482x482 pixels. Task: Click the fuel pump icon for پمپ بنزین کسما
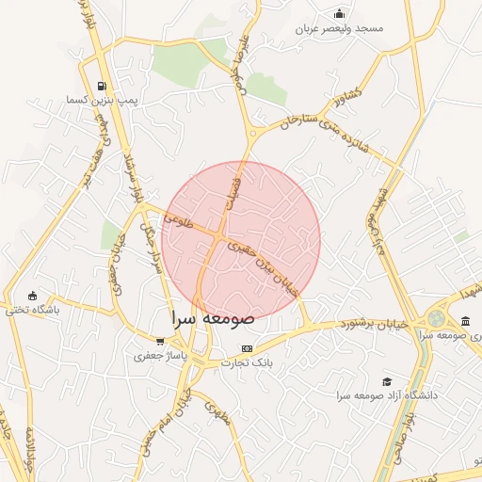pyautogui.click(x=102, y=85)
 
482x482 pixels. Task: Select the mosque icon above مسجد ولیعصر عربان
pyautogui.click(x=340, y=13)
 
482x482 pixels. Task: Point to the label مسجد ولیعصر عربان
pyautogui.click(x=341, y=28)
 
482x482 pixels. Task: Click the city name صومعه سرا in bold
pyautogui.click(x=213, y=318)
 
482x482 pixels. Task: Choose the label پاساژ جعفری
pyautogui.click(x=163, y=357)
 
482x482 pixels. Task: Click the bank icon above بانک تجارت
pyautogui.click(x=247, y=348)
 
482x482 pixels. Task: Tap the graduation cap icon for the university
pyautogui.click(x=387, y=381)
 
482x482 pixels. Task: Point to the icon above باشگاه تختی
pyautogui.click(x=34, y=296)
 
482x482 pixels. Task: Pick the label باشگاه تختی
pyautogui.click(x=31, y=310)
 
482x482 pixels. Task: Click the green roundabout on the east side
pyautogui.click(x=438, y=319)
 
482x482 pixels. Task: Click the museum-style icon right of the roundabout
pyautogui.click(x=467, y=321)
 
